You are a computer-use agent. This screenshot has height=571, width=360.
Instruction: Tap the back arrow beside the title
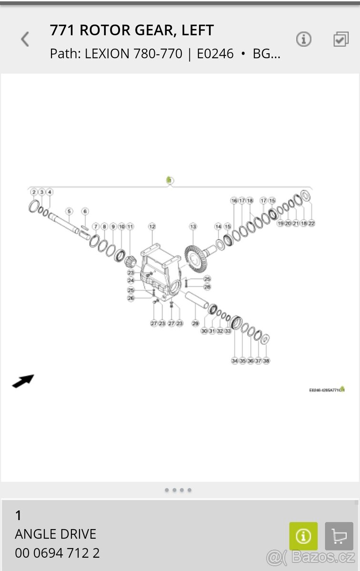pos(25,39)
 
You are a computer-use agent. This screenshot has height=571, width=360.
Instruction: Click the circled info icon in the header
pos(303,39)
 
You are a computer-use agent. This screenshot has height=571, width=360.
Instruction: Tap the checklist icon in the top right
pos(341,39)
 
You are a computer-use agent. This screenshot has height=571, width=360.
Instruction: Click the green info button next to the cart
pos(303,536)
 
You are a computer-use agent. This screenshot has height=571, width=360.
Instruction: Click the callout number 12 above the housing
pos(152,226)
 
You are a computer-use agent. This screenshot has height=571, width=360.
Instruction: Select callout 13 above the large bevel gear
pos(193,226)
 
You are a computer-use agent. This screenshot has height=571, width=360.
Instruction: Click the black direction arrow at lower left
pos(23,381)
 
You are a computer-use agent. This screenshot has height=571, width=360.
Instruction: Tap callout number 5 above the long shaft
pos(69,211)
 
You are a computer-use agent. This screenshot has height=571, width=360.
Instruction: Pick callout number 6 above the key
pos(85,211)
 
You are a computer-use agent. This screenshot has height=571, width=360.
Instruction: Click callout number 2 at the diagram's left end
pos(34,192)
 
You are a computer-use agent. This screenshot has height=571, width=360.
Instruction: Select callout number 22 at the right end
pos(311,223)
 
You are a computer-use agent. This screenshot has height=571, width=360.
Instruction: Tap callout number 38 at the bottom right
pos(266,361)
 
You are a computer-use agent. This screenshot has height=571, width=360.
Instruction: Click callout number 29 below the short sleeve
pos(195,324)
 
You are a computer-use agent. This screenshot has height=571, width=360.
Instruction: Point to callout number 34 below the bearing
pos(234,361)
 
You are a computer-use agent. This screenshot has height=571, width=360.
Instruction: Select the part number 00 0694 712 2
pos(57,553)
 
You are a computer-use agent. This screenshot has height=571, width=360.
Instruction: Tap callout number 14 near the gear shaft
pos(218,226)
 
